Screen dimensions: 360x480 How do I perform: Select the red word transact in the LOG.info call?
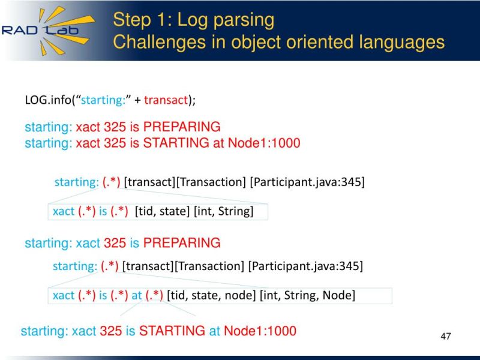166,100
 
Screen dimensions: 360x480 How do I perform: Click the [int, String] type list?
223,211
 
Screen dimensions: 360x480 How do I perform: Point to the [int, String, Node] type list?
307,295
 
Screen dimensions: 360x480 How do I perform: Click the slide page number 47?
445,335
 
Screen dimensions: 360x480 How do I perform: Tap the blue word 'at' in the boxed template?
137,295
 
